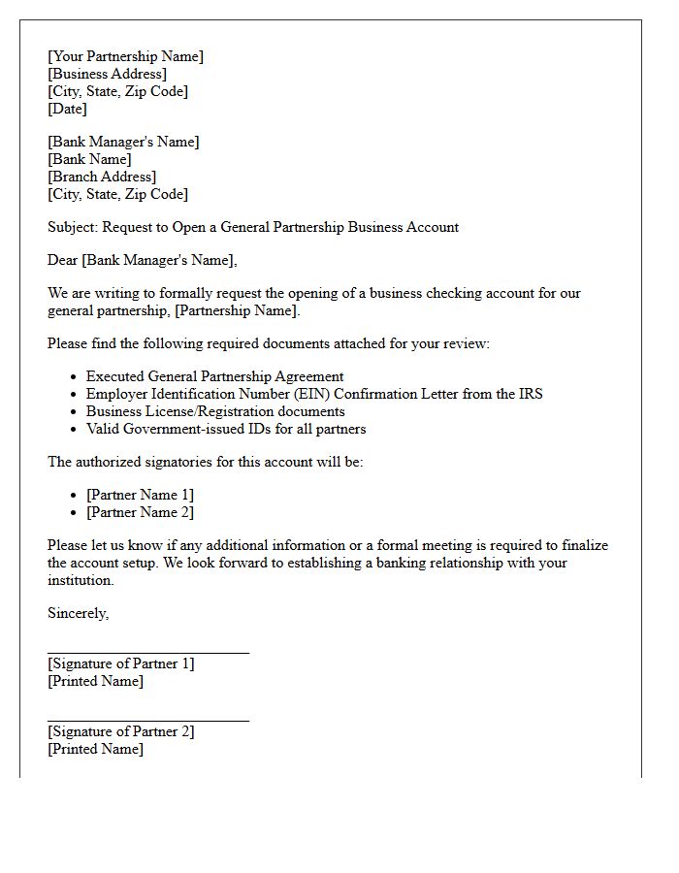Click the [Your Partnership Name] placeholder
[125, 56]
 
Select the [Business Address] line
[107, 74]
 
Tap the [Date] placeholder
[67, 109]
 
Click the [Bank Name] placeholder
[89, 159]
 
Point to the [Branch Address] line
[102, 177]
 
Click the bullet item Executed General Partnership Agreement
[214, 376]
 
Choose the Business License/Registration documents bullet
[215, 411]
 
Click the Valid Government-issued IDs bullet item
[226, 429]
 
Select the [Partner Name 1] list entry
[140, 495]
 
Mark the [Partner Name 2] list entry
[140, 512]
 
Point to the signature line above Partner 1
[148, 653]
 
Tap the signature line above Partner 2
[148, 721]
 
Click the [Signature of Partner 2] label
[121, 731]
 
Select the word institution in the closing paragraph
[81, 580]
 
